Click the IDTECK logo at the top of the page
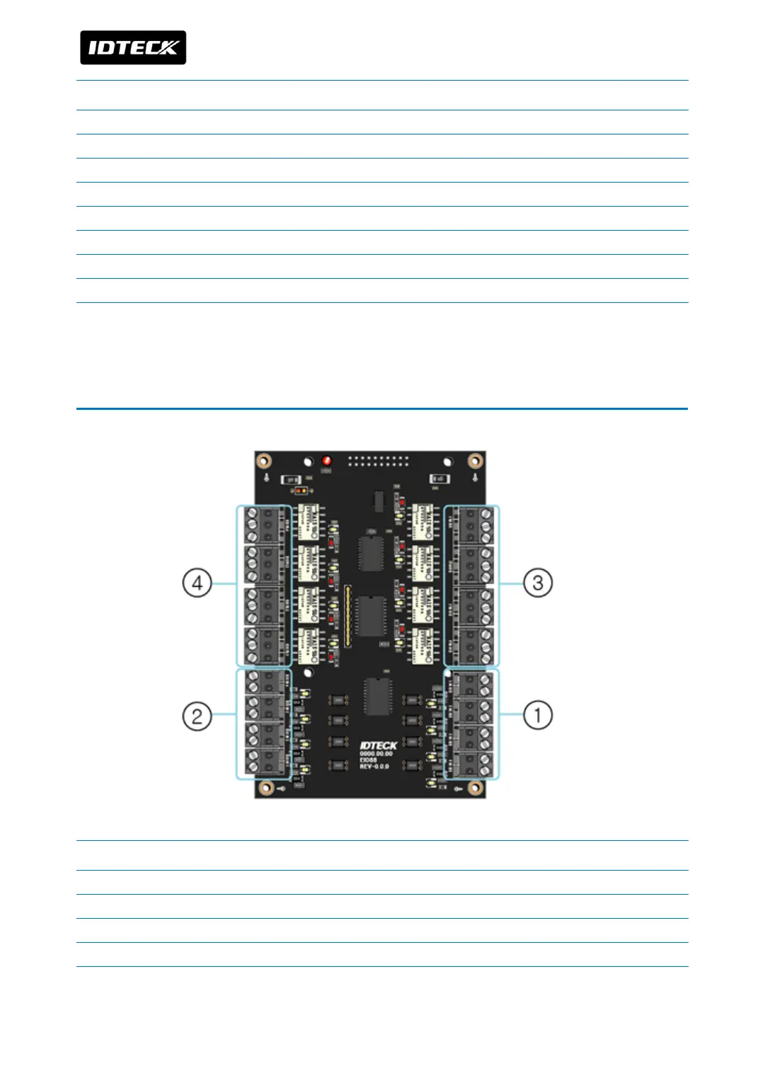click(x=133, y=47)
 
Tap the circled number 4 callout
click(x=197, y=583)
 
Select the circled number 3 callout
click(x=538, y=583)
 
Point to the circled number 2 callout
click(x=197, y=716)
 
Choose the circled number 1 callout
click(x=538, y=715)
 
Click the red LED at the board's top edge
click(x=326, y=461)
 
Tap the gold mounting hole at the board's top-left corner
click(x=263, y=461)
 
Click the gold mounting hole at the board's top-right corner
click(x=476, y=461)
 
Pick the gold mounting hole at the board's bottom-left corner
click(x=266, y=788)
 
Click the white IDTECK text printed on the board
click(x=379, y=745)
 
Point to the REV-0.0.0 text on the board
click(x=374, y=767)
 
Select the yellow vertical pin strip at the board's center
click(x=347, y=616)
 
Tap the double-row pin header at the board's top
click(x=379, y=461)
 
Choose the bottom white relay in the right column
click(x=423, y=646)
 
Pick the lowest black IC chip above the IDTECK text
click(x=377, y=697)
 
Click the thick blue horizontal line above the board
click(x=382, y=408)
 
